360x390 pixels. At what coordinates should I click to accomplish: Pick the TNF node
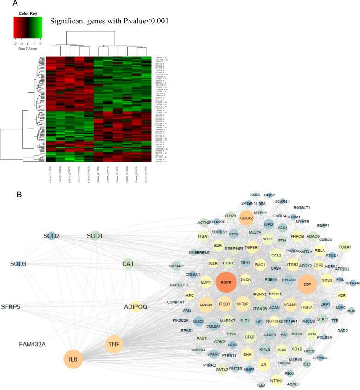[114, 344]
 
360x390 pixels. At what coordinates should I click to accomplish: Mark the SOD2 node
[51, 236]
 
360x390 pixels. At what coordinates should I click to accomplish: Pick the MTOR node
[243, 304]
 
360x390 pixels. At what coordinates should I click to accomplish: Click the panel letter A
[15, 4]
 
